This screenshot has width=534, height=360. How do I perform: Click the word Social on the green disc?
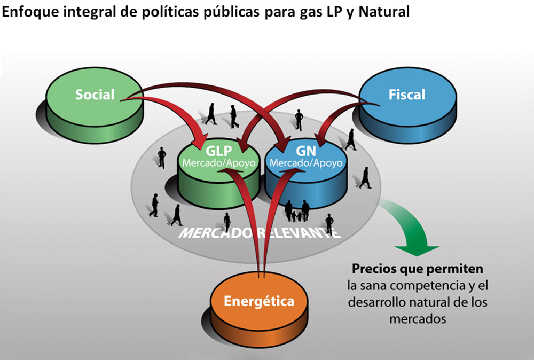coord(95,95)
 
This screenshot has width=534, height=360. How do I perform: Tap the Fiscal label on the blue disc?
coord(407,95)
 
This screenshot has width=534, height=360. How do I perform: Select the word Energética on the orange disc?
coord(258,301)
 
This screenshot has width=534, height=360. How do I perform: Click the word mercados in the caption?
coord(418,319)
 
